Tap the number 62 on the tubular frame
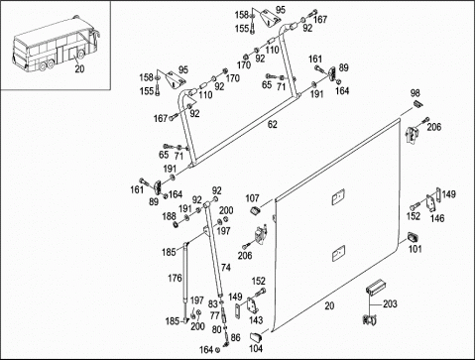tap(273, 125)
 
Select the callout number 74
tap(226, 267)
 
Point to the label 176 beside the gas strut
tap(175, 278)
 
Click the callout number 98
tap(416, 93)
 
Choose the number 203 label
tap(390, 303)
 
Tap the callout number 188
tap(169, 216)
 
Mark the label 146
tap(437, 218)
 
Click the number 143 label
tap(256, 320)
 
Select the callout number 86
tap(235, 337)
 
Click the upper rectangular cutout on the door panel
tap(338, 196)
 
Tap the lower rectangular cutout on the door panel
tap(338, 254)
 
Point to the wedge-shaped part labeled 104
tap(256, 337)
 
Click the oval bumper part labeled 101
tap(414, 237)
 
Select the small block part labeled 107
tap(255, 210)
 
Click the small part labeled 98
tap(418, 103)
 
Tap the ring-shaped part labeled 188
tap(176, 225)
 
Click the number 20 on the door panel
tap(329, 306)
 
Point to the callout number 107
tap(252, 198)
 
